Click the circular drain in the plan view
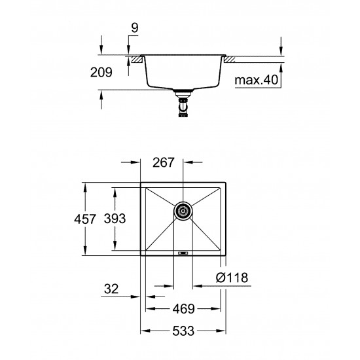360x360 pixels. [x=183, y=210]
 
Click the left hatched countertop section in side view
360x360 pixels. [x=136, y=60]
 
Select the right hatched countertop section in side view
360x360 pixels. [x=231, y=60]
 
